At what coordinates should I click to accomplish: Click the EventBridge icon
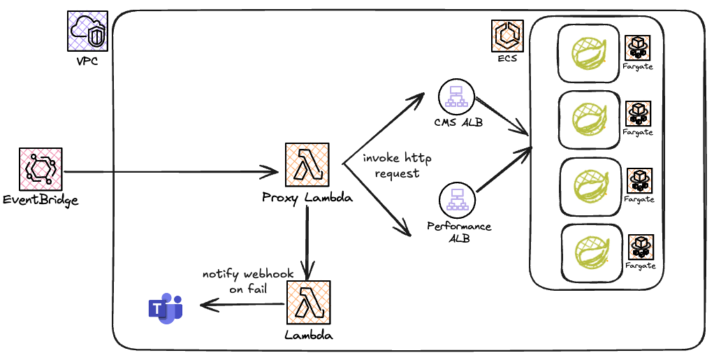(40, 171)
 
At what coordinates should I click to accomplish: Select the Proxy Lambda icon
(307, 166)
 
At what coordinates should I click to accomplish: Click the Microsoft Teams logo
(166, 308)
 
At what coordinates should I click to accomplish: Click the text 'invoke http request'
(397, 166)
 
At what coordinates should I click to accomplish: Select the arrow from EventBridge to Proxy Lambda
(168, 171)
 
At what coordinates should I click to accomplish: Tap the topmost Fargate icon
(636, 48)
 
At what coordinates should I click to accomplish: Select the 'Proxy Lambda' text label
(307, 198)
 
